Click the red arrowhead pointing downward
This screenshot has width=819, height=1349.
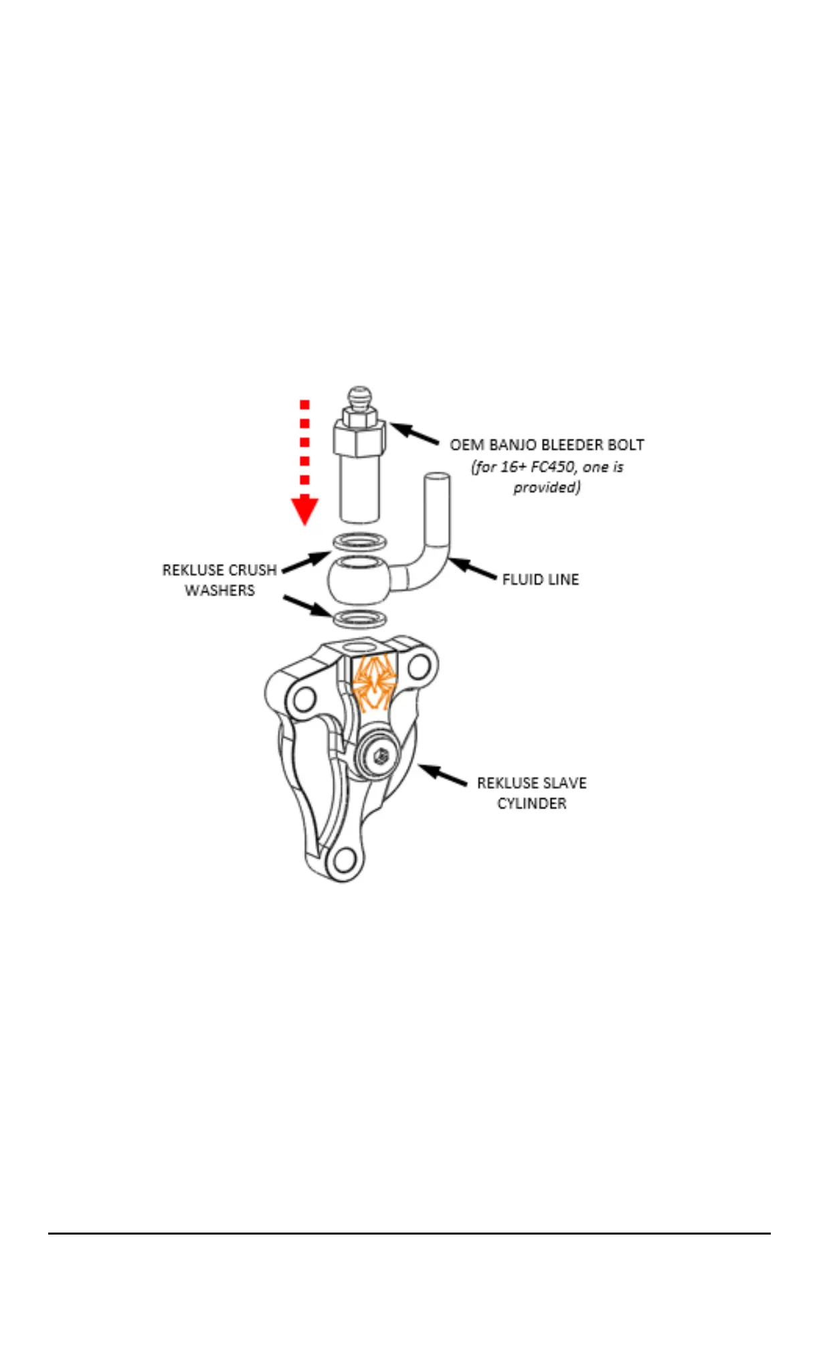[x=304, y=511]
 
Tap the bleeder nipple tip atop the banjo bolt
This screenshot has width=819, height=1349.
[x=359, y=395]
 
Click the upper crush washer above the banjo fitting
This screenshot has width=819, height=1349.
[x=359, y=540]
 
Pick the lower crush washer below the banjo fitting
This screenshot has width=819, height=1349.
[x=359, y=618]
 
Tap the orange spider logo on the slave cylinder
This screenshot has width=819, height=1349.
[x=374, y=683]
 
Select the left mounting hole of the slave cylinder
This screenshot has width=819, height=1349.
[x=303, y=699]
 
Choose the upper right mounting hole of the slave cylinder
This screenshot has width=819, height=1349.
[x=419, y=666]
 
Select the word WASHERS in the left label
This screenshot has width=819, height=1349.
[x=219, y=590]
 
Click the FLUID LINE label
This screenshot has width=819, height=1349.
[x=540, y=579]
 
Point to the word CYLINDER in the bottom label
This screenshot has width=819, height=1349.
[x=531, y=803]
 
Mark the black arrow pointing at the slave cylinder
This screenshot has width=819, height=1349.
[x=443, y=776]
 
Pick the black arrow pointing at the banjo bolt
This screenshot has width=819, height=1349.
[x=414, y=433]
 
